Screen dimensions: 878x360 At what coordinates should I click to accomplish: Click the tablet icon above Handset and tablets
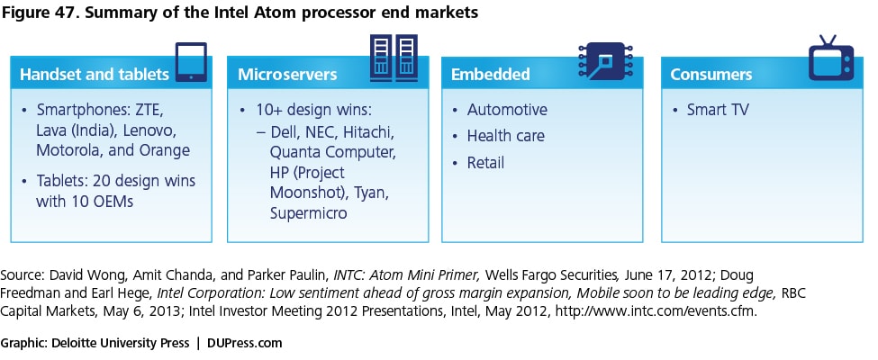191,62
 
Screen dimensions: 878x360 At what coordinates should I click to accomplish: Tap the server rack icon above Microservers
394,58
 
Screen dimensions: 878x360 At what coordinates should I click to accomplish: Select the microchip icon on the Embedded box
605,61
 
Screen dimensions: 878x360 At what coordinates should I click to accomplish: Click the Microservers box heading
287,75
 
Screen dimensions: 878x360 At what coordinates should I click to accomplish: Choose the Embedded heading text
491,75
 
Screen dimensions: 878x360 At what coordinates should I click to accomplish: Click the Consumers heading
711,75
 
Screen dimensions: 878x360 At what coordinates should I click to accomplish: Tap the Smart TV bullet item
718,110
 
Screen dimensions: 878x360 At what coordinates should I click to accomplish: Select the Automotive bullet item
507,110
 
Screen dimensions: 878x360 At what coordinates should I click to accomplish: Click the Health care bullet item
505,136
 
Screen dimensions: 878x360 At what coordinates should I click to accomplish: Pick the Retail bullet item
486,163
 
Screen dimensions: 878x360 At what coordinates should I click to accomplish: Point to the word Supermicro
309,213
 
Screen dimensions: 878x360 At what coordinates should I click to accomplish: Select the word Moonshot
305,193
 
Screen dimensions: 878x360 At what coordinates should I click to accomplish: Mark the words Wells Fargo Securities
552,275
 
